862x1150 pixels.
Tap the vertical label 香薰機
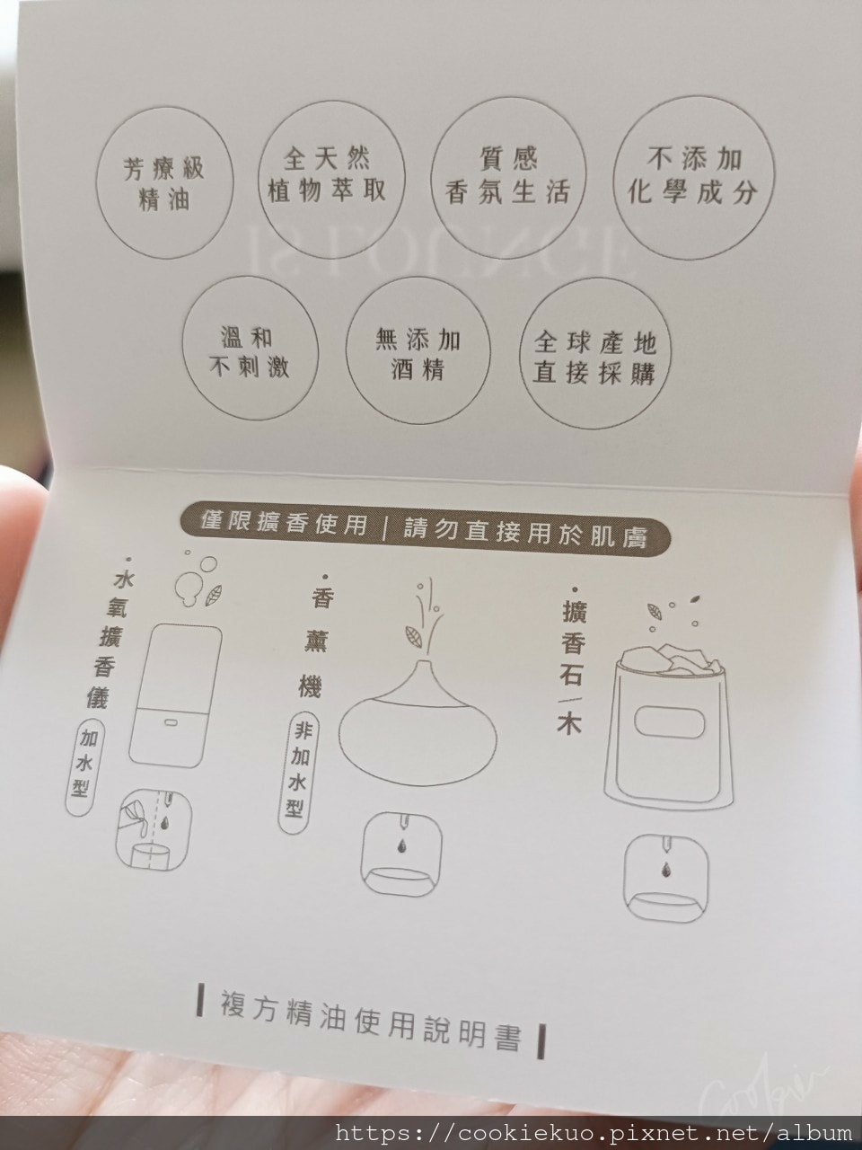[315, 642]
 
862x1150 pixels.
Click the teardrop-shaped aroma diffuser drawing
[418, 729]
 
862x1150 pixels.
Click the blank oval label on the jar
[670, 722]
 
